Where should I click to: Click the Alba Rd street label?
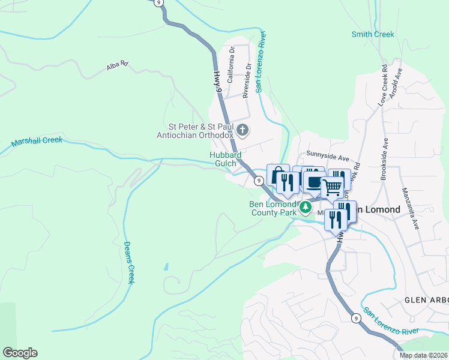118,65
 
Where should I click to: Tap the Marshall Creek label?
37,142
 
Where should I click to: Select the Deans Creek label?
128,262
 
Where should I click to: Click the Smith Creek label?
373,34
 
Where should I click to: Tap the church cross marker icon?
243,130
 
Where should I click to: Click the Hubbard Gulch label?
225,159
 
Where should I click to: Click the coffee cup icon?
313,181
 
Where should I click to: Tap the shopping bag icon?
277,175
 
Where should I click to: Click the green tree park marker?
306,208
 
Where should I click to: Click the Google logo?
20,353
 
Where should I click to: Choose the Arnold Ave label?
396,83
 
